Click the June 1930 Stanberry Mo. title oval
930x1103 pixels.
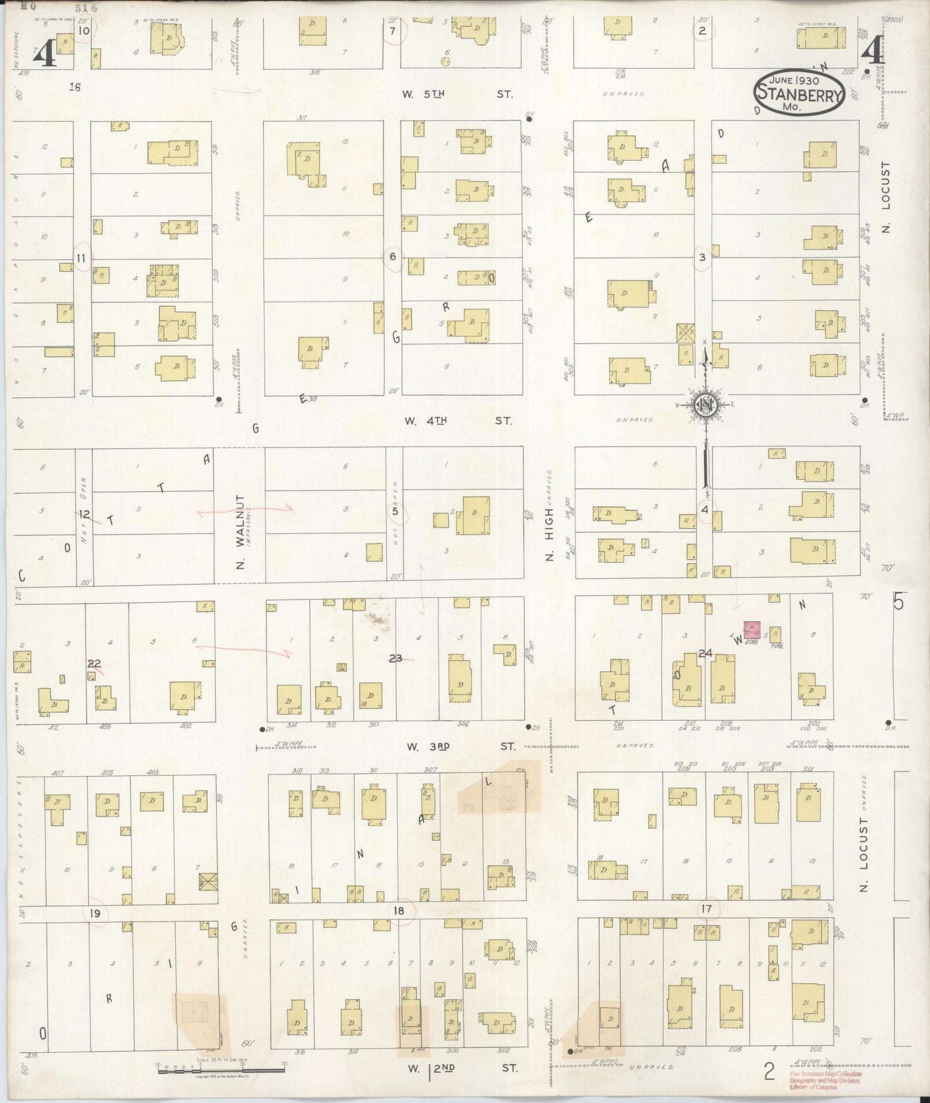click(x=799, y=93)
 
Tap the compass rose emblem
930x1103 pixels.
click(x=706, y=405)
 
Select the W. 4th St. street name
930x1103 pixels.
click(x=458, y=421)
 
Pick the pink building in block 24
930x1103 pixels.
click(x=751, y=629)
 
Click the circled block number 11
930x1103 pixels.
click(x=81, y=258)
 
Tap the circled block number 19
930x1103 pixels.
click(x=96, y=913)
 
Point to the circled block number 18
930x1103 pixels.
click(x=399, y=911)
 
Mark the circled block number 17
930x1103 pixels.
click(x=707, y=909)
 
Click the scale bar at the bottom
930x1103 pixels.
click(x=221, y=1069)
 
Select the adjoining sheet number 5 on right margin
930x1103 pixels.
click(x=898, y=602)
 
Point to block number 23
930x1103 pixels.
click(x=396, y=658)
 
